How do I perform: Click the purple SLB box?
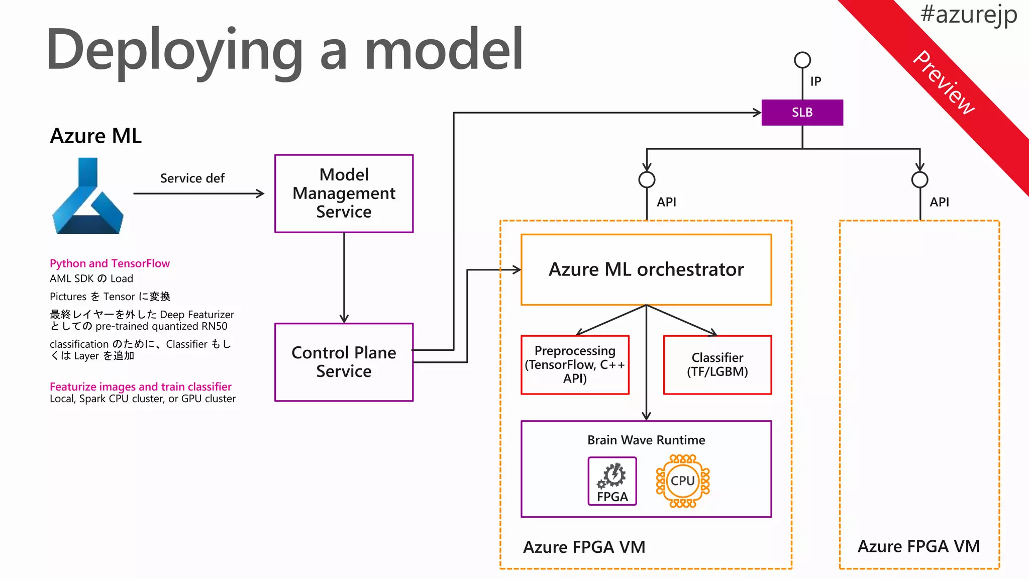coord(802,113)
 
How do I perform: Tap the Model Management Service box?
coord(344,194)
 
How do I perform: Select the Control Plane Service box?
coord(344,362)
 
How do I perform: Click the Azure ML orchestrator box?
coord(646,270)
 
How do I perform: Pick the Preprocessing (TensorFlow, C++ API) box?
coord(575,365)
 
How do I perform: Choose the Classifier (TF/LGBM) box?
coord(717,365)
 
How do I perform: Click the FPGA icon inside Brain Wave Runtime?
coord(612,481)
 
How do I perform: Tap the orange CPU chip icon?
coord(683,481)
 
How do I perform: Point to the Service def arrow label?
coord(192,178)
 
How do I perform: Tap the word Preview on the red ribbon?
coord(944,83)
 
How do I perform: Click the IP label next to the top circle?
coord(815,81)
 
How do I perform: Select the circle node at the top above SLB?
coord(802,60)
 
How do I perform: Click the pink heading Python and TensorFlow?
coord(110,263)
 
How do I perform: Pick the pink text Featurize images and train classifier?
coord(141,387)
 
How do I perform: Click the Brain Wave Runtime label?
coord(646,440)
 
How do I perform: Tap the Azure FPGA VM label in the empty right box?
coord(918,546)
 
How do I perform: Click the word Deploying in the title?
coord(173,50)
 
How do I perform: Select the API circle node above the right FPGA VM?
coord(919,179)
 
